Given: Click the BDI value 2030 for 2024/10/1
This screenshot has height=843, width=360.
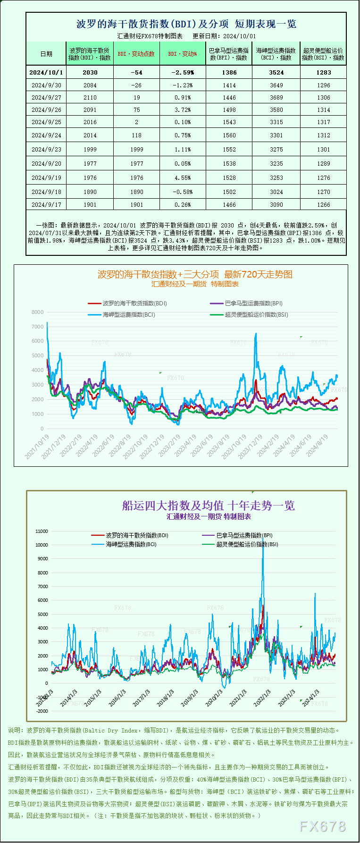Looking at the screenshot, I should tap(90, 72).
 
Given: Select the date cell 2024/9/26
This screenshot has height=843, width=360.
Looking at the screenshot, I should tap(46, 110).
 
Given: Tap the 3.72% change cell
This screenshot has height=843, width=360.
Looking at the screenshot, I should tap(182, 110).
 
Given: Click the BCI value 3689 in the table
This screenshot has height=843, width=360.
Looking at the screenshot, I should tap(276, 97).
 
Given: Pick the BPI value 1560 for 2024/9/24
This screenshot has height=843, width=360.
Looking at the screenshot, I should tap(229, 135).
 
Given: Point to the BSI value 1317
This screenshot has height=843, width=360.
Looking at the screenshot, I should tap(324, 122).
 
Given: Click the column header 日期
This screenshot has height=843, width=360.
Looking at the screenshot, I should tap(46, 54).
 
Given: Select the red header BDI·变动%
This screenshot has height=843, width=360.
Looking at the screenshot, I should tap(182, 54).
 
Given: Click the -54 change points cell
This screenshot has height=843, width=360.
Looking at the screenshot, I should tap(137, 72).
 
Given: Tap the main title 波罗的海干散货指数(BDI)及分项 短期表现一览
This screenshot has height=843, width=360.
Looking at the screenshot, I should tap(186, 24).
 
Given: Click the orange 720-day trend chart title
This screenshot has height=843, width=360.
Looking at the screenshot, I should tap(195, 274).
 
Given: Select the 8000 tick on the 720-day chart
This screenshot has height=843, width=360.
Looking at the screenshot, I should tap(37, 312).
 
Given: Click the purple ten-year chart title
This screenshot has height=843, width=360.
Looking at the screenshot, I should tap(208, 506).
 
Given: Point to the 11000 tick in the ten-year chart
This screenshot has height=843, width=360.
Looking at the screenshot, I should tap(42, 531).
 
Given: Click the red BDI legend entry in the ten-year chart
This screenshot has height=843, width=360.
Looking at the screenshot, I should tap(130, 535).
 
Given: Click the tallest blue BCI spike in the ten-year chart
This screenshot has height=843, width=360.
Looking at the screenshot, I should tap(263, 543).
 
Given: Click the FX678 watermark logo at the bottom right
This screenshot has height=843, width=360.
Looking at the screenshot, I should tap(323, 826).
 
